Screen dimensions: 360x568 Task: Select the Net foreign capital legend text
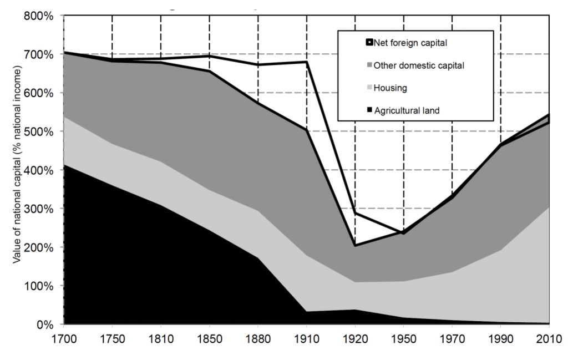click(410, 43)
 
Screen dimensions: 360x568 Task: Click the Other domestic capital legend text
click(419, 65)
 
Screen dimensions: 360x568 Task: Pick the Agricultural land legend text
click(406, 110)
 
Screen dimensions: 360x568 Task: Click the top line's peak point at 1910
click(307, 62)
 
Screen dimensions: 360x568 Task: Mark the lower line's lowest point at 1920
click(355, 245)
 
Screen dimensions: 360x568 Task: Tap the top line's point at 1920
click(355, 213)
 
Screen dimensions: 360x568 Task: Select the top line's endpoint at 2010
click(549, 115)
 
